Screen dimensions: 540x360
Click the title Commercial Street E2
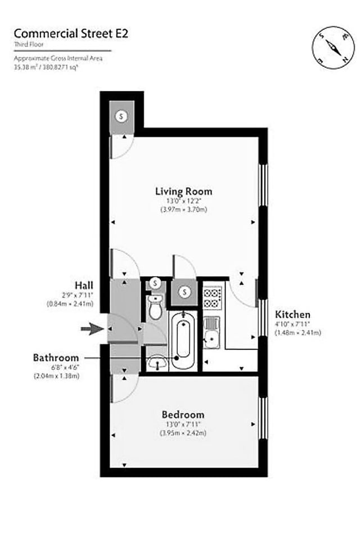(x=70, y=33)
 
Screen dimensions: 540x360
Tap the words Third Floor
(x=29, y=44)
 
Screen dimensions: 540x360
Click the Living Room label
(x=183, y=191)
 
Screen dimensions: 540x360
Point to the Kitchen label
(x=292, y=314)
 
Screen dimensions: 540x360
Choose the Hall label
(x=83, y=284)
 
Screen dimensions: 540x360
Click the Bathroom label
(x=55, y=357)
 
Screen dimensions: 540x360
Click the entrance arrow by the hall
(x=90, y=330)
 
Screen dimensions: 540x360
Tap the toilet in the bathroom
(x=154, y=307)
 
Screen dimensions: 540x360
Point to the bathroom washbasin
(x=157, y=363)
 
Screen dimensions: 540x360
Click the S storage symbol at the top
(x=121, y=116)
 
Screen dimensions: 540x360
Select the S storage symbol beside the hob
(x=184, y=292)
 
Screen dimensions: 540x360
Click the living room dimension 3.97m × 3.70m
(x=183, y=210)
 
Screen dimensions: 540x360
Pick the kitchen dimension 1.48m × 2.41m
(x=298, y=332)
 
